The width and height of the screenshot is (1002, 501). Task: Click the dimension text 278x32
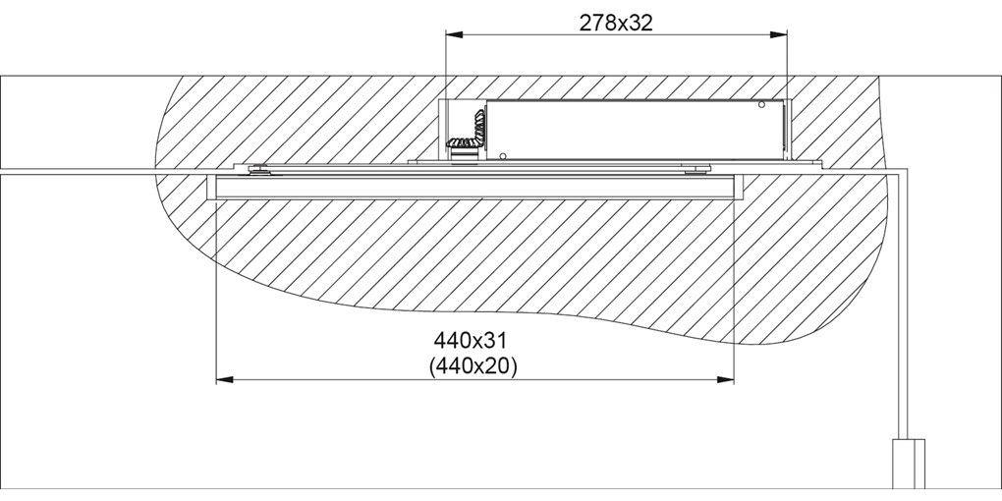(616, 23)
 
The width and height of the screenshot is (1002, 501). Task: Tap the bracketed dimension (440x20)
(473, 365)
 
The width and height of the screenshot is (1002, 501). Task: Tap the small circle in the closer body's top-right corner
(760, 105)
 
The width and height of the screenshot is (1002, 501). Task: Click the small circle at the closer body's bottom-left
(502, 154)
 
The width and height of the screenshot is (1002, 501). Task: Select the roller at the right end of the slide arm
(696, 170)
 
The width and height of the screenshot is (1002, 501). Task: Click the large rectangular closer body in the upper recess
(639, 130)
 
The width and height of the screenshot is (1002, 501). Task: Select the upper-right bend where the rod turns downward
(909, 173)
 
